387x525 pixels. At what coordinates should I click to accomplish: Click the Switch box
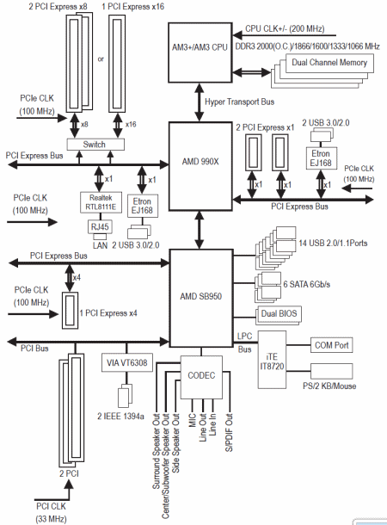[95, 145]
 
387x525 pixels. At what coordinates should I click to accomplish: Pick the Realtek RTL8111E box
[101, 202]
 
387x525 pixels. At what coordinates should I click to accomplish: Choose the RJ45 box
[100, 226]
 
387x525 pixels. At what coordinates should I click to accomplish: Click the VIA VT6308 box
[127, 362]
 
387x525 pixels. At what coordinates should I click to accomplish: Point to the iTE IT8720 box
[272, 360]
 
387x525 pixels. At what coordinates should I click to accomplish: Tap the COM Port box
[331, 345]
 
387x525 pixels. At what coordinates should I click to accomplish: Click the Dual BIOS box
[279, 313]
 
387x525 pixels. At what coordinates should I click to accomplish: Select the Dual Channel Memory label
[329, 62]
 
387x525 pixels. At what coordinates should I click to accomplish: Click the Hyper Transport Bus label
[239, 102]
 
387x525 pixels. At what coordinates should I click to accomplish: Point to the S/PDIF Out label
[229, 433]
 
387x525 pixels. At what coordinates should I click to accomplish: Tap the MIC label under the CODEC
[193, 420]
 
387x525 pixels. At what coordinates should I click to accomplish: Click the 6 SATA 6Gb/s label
[307, 284]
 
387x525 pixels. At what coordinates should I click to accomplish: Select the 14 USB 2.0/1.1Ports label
[333, 243]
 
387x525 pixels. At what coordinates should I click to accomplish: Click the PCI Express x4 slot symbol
[71, 311]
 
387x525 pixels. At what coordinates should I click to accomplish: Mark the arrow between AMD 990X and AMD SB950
[200, 230]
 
